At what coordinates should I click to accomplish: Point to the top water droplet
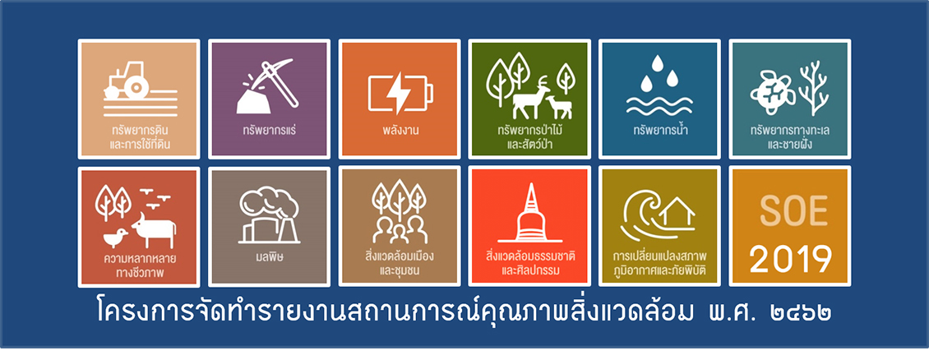(x=655, y=64)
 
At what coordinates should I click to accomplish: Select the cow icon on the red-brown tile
(x=154, y=230)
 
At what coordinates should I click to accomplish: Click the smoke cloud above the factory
(x=268, y=203)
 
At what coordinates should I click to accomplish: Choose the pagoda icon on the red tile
(x=529, y=215)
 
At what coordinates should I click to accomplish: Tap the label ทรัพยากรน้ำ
(x=659, y=130)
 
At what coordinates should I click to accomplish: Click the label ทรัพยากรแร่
(x=269, y=131)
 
